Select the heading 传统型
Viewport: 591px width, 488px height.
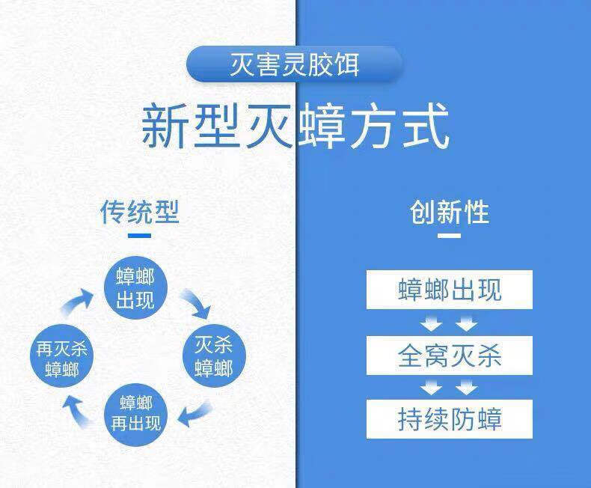point(140,212)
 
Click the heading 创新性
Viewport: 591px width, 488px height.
point(449,212)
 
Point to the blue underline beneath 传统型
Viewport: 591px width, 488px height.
point(140,236)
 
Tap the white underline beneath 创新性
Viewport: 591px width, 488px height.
point(449,236)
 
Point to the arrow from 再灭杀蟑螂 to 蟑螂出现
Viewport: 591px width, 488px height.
point(78,302)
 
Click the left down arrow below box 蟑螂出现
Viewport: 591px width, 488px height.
point(431,324)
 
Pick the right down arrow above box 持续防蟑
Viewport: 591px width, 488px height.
point(467,388)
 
